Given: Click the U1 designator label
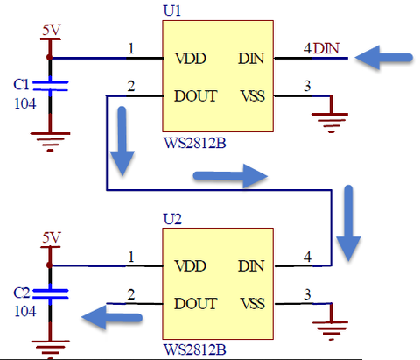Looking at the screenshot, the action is pos(172,11).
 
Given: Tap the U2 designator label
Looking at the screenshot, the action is pos(172,219).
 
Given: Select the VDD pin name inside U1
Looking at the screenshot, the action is pos(190,59).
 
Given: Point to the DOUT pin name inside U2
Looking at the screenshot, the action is pos(195,304).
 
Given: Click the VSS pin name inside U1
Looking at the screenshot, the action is pos(253,96).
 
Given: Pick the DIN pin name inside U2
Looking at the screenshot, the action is pos(251,266).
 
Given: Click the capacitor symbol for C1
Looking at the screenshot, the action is pos(50,86).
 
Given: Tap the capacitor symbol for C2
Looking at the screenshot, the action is pos(50,294).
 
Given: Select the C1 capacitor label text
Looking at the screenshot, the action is pos(21,85).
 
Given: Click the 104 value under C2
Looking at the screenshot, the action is pos(25,312).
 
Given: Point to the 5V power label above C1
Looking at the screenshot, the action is pos(52,31).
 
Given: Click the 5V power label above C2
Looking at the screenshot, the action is pos(52,237).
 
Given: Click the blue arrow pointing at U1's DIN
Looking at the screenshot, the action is pos(383,58).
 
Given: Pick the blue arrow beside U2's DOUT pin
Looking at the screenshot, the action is pos(112,317).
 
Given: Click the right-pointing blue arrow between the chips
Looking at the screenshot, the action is pos(230,176).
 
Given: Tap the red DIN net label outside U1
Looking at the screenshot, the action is pos(326,48).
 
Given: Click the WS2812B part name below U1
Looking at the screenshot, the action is pos(195,144).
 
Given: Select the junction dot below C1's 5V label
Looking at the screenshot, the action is pos(50,58).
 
